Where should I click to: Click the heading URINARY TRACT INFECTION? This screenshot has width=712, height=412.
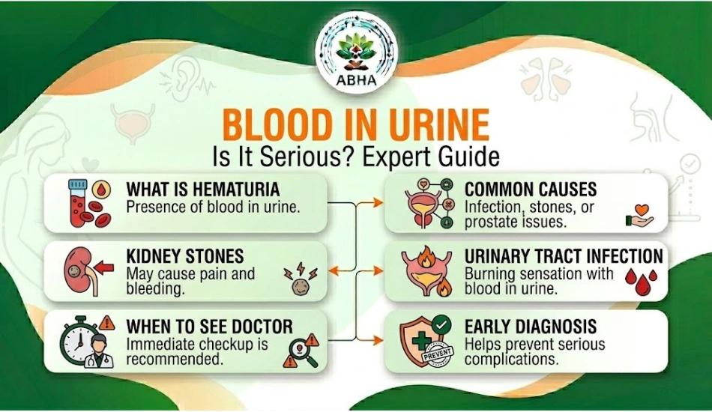point(564,256)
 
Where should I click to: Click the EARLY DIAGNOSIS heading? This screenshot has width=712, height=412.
point(531,327)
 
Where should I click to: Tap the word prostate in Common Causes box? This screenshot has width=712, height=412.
point(491,221)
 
